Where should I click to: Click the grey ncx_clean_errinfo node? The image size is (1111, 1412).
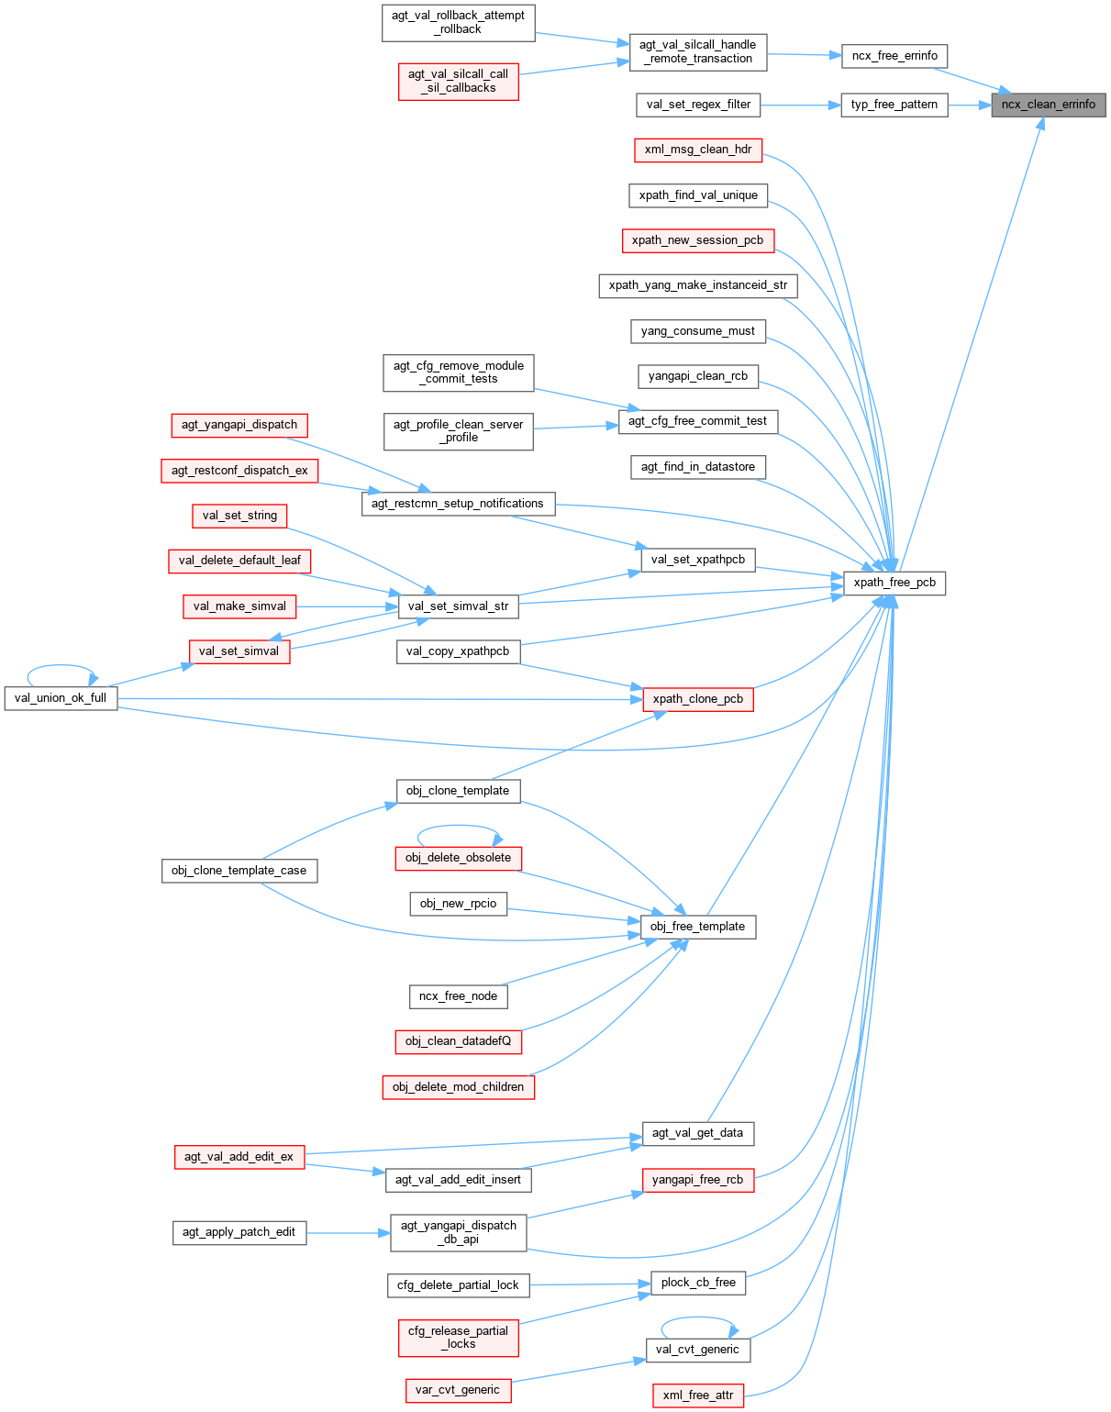click(1048, 105)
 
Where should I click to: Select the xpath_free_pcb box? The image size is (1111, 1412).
click(894, 583)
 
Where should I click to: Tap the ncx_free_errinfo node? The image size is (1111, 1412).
click(894, 56)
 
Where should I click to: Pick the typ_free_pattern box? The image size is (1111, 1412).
click(894, 105)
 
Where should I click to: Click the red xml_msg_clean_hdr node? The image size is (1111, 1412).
click(698, 150)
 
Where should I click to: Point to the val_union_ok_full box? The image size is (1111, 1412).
click(61, 698)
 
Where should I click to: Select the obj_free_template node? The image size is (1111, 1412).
click(697, 927)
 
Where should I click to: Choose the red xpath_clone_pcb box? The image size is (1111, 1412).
click(697, 699)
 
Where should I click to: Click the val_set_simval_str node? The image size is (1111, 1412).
click(458, 606)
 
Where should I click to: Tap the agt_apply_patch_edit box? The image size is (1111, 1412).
click(239, 1232)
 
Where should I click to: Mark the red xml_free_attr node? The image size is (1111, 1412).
click(697, 1395)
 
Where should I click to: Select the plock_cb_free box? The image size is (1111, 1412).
click(698, 1283)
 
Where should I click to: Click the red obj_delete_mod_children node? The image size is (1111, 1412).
click(458, 1087)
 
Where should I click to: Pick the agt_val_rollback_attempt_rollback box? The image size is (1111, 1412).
click(458, 22)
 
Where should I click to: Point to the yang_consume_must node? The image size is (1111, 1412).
click(697, 331)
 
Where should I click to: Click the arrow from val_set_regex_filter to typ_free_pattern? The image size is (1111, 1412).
click(800, 105)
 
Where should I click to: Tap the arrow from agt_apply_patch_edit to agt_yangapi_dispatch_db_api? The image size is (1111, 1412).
click(349, 1232)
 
